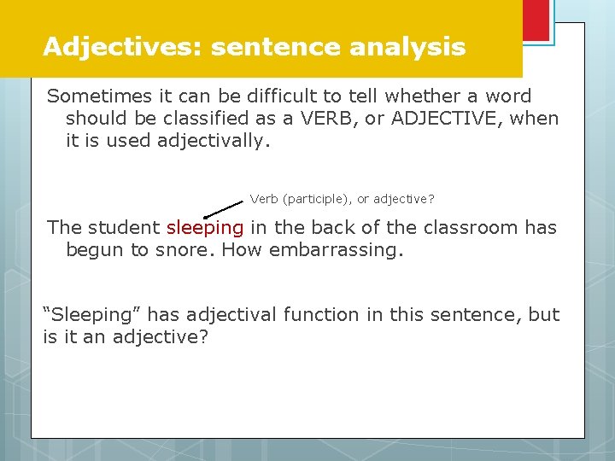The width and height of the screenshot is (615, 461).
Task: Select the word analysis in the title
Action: tap(407, 46)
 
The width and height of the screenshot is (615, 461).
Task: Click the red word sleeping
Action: tap(205, 228)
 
